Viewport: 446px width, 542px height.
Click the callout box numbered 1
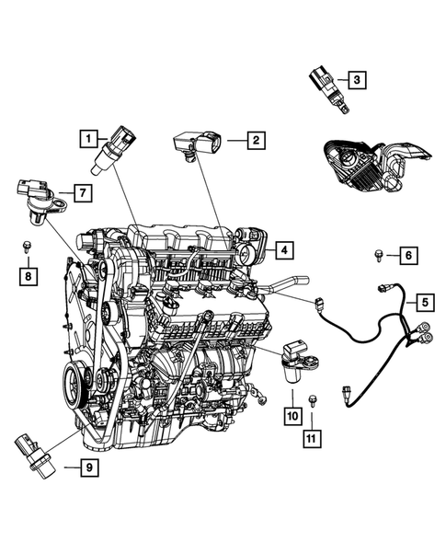pyautogui.click(x=87, y=139)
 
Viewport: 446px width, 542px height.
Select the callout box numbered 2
pyautogui.click(x=255, y=140)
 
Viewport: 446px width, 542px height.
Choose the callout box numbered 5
pyautogui.click(x=425, y=301)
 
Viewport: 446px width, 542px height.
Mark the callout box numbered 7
pyautogui.click(x=81, y=193)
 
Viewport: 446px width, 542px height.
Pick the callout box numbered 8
pyautogui.click(x=28, y=274)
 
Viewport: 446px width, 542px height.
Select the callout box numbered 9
pyautogui.click(x=88, y=468)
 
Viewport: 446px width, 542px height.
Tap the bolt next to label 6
pyautogui.click(x=378, y=254)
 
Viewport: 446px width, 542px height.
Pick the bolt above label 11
pyautogui.click(x=314, y=401)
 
